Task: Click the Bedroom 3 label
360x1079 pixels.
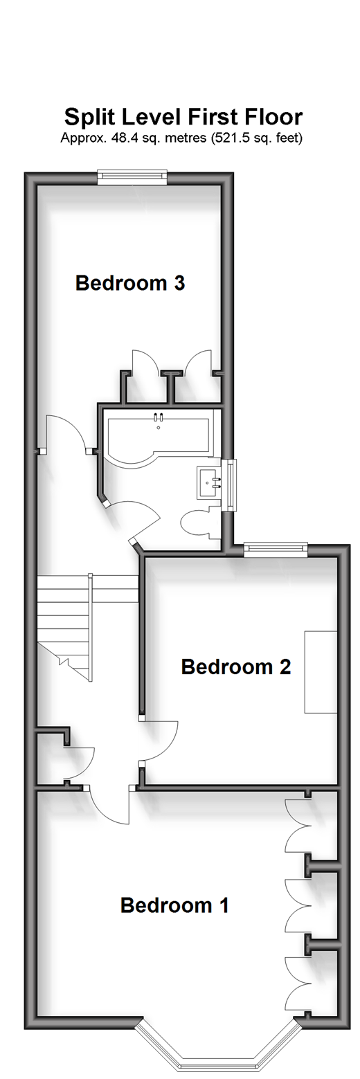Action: [x=130, y=283]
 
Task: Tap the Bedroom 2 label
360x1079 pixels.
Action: [x=236, y=667]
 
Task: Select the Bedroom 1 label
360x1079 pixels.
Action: [x=174, y=905]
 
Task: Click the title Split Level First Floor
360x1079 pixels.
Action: [x=183, y=117]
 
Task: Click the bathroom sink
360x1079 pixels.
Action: [x=210, y=482]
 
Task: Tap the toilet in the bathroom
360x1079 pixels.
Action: [x=201, y=520]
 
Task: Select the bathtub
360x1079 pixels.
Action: [x=158, y=437]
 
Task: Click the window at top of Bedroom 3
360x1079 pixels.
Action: [x=132, y=176]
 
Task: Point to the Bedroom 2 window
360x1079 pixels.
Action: [x=276, y=549]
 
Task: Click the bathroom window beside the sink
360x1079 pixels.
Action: [x=233, y=485]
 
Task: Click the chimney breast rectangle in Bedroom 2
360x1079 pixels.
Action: [x=321, y=671]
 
